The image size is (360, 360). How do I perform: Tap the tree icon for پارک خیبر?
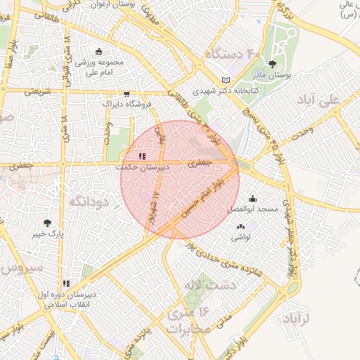(47, 223)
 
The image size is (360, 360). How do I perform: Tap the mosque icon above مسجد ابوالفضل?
(252, 199)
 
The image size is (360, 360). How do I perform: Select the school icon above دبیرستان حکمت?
(142, 157)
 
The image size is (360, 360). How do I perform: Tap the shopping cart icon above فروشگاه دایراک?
(126, 93)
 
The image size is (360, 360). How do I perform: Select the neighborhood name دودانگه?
(87, 202)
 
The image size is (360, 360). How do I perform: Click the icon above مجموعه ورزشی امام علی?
(98, 51)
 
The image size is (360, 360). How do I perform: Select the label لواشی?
(240, 238)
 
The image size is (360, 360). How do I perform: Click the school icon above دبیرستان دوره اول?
(67, 284)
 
